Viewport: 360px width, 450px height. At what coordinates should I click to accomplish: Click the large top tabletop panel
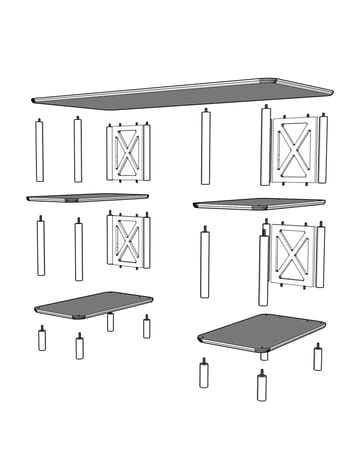[x=180, y=91]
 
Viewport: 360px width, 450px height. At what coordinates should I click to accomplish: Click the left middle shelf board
[x=88, y=197]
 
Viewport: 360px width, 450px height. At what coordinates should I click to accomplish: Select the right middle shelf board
[x=260, y=203]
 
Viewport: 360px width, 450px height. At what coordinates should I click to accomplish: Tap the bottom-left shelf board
[x=93, y=304]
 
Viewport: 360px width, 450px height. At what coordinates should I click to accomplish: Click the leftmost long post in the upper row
[x=41, y=151]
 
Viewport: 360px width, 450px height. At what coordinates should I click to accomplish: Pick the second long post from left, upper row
[x=78, y=151]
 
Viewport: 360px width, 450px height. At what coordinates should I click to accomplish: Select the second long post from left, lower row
[x=78, y=249]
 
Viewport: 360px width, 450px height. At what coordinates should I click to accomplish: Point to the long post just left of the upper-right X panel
[x=265, y=147]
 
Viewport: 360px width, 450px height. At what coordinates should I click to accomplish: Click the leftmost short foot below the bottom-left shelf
[x=43, y=339]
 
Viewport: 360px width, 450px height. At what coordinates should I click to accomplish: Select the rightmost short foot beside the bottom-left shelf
[x=146, y=327]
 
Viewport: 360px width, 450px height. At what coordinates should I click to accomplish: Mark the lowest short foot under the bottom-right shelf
[x=262, y=386]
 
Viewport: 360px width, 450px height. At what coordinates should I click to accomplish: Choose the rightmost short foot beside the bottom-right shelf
[x=318, y=357]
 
